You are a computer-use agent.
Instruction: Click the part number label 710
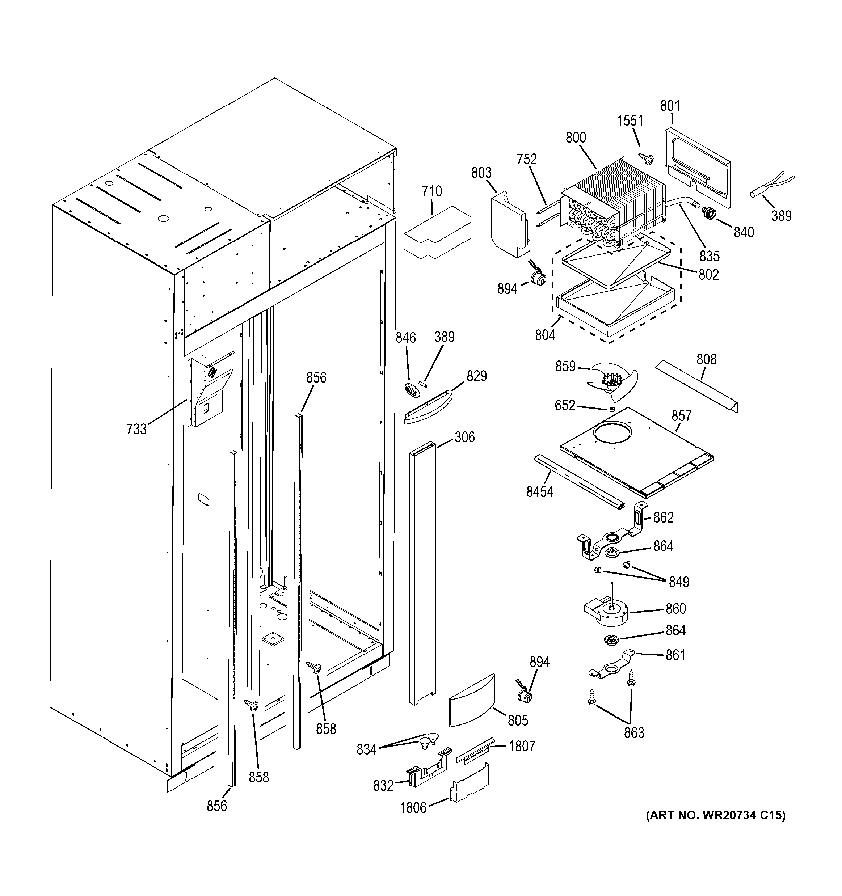point(431,191)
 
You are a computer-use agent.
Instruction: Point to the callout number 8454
point(539,492)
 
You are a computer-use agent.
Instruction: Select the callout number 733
point(136,429)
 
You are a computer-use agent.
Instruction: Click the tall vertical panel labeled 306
point(422,572)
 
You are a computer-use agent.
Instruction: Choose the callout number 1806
point(413,807)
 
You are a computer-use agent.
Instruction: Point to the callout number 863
point(634,733)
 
